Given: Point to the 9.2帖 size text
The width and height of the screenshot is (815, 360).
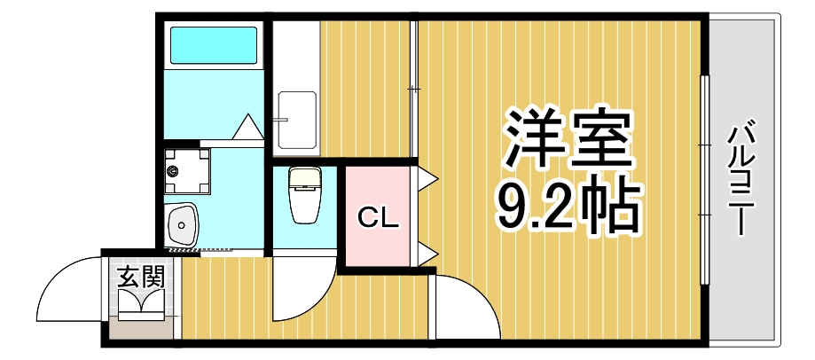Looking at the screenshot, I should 568,208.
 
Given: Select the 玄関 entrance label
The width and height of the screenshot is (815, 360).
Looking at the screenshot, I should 141,277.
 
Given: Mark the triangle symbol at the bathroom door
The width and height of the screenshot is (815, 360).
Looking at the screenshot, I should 247,128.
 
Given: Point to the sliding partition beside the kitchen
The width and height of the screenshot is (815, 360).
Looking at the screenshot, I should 413,89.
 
